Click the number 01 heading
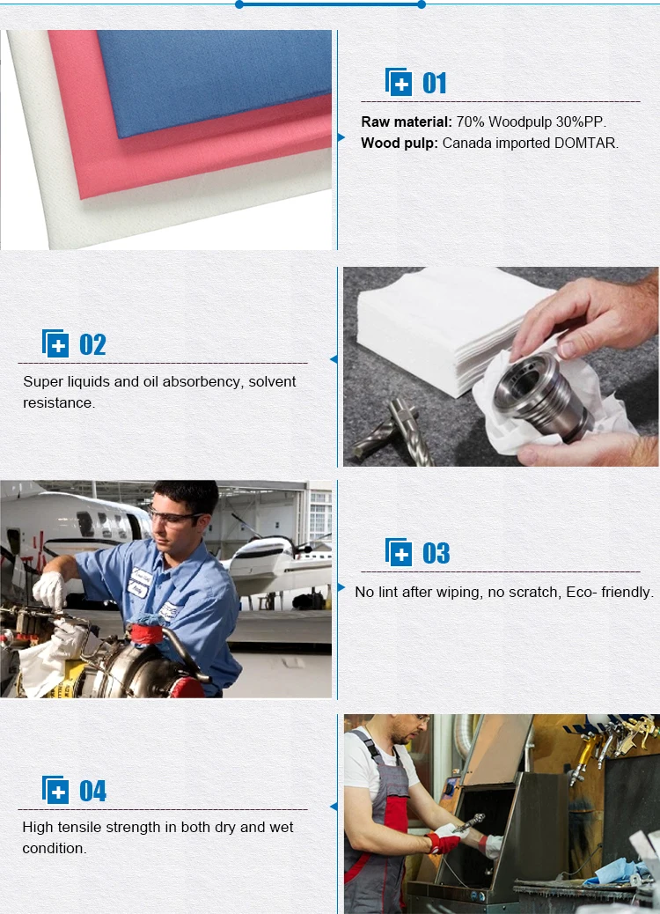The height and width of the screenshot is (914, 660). [435, 84]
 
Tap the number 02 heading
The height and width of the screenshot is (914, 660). [92, 344]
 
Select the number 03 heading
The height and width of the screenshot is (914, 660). [436, 553]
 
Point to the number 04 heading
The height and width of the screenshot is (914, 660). [92, 791]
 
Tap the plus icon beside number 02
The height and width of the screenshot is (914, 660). [55, 344]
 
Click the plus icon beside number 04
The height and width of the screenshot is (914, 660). [55, 791]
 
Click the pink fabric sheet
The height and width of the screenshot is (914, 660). [176, 158]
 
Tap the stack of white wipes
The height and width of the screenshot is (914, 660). [440, 326]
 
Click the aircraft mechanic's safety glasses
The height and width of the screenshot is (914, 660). [176, 518]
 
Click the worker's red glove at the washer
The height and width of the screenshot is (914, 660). [444, 844]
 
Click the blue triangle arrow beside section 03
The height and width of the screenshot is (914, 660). [341, 587]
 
